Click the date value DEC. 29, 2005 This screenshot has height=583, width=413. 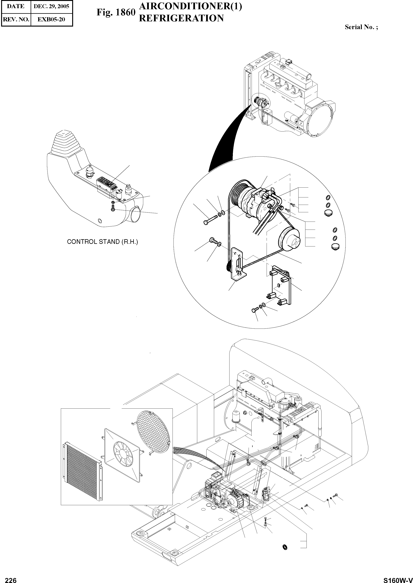coord(51,6)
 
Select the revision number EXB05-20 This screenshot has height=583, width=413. coord(51,19)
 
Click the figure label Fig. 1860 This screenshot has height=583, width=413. coord(116,12)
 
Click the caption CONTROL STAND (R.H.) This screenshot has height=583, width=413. coord(102,242)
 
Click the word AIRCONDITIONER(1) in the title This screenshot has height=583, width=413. coord(191,7)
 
